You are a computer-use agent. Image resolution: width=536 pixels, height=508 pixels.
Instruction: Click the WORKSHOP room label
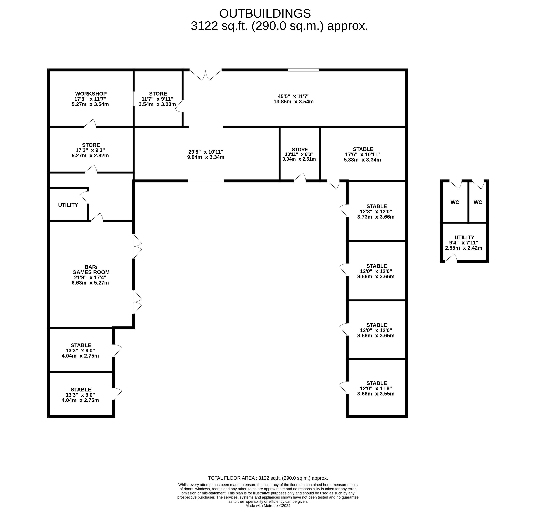pyautogui.click(x=91, y=94)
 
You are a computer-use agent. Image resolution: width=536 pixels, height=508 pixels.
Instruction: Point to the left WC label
pyautogui.click(x=455, y=202)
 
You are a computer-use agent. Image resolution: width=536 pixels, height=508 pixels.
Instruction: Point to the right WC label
pyautogui.click(x=478, y=202)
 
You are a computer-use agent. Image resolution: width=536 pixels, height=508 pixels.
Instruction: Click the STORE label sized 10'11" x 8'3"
pyautogui.click(x=300, y=149)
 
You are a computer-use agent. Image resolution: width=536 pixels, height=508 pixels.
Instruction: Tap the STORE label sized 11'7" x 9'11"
pyautogui.click(x=158, y=94)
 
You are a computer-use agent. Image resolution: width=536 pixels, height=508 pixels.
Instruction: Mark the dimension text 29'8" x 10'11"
pyautogui.click(x=206, y=152)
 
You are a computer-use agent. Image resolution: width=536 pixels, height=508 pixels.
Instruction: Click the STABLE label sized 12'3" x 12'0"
pyautogui.click(x=376, y=206)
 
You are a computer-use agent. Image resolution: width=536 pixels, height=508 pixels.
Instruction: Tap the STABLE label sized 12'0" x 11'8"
pyautogui.click(x=376, y=383)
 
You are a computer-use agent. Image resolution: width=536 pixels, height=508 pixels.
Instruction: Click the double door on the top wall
pyautogui.click(x=206, y=75)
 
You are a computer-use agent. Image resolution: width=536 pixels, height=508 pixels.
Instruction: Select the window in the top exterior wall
pyautogui.click(x=304, y=70)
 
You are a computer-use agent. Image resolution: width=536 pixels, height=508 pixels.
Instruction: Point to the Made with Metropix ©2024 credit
pyautogui.click(x=268, y=506)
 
